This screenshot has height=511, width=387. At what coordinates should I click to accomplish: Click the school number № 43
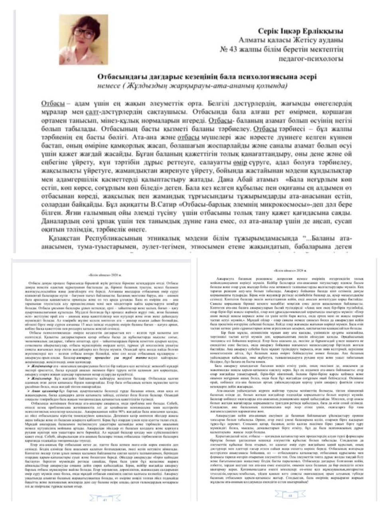231,50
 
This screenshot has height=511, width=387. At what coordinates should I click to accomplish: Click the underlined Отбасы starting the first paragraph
53,103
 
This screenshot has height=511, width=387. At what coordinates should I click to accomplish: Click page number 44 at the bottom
288,495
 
